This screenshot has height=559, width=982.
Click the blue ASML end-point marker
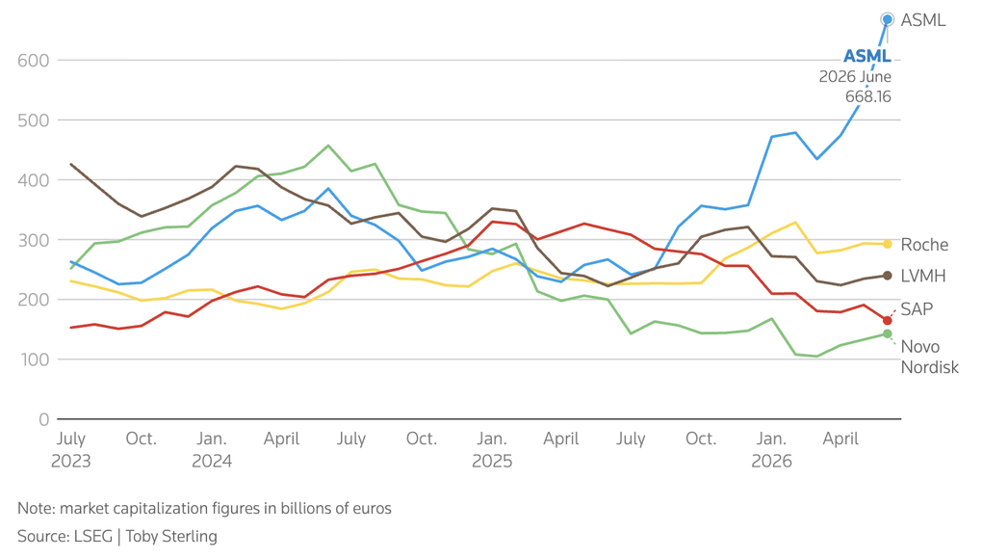point(887,20)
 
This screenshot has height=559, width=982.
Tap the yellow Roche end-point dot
point(887,244)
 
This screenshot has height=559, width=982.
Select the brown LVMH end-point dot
point(887,276)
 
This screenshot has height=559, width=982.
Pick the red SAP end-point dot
point(887,320)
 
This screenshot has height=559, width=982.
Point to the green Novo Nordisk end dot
point(887,333)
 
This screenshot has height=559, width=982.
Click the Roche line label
point(924,245)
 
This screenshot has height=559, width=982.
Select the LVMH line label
point(923,276)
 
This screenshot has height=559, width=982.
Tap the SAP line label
point(917,309)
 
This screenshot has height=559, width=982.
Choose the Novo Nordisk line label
point(929,357)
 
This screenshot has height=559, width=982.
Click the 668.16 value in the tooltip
point(868,96)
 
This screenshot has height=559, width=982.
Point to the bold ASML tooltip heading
point(867,57)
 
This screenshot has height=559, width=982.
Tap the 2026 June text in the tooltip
point(855,76)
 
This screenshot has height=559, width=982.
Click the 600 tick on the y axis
point(33,60)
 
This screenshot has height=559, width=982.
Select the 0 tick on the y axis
point(44,419)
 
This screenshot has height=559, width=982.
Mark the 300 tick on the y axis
point(33,240)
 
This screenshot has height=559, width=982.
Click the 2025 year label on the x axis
point(492,462)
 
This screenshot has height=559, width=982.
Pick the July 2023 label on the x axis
point(71,450)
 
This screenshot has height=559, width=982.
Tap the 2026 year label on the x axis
point(771,462)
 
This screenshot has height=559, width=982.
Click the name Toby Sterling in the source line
point(171,537)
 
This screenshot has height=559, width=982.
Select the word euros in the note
point(374,508)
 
